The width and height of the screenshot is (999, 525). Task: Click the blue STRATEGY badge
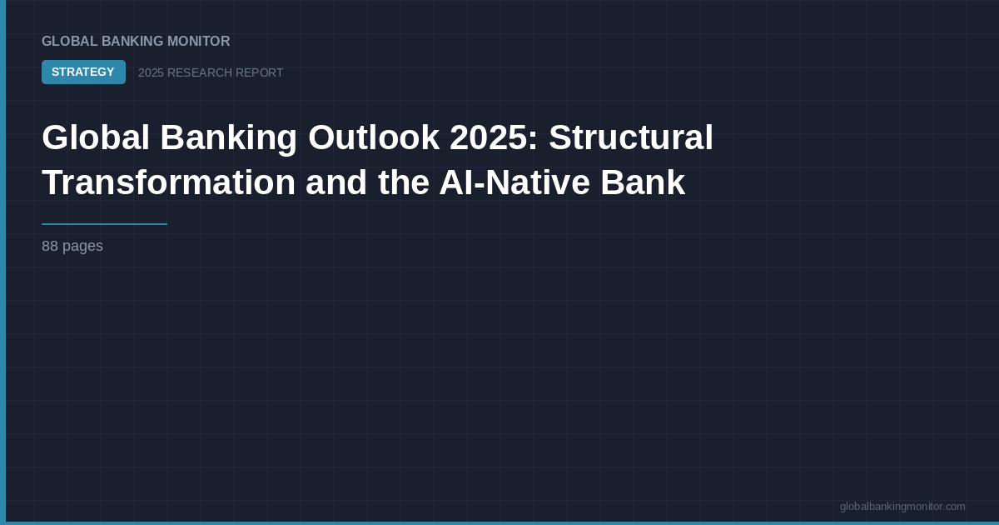click(83, 72)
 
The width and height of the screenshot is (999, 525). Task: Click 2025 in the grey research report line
click(151, 73)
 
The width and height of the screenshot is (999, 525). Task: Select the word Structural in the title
click(630, 137)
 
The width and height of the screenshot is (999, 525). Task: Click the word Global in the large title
click(95, 137)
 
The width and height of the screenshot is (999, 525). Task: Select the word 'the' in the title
click(403, 182)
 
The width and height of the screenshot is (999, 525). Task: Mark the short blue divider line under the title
click(104, 224)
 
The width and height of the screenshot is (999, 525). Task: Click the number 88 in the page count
click(50, 247)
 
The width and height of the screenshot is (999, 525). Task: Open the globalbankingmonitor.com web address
click(902, 507)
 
